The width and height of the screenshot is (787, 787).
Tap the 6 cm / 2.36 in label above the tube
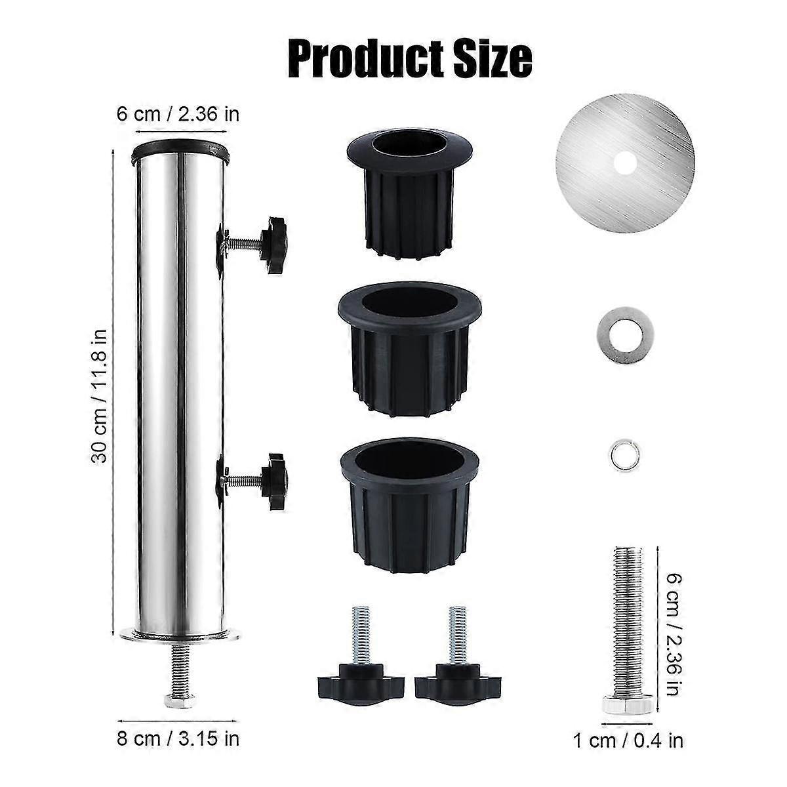click(x=178, y=113)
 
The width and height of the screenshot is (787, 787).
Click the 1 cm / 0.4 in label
click(x=628, y=740)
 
